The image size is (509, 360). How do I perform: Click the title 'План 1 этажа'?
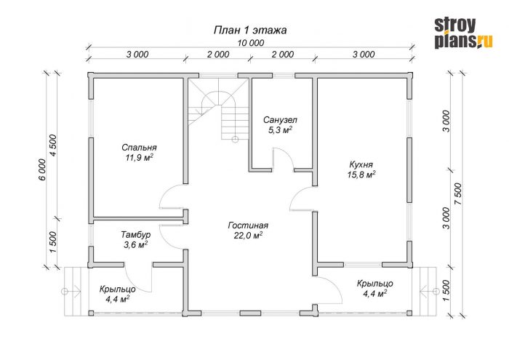coord(250,31)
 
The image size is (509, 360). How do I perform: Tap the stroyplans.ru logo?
coord(463,33)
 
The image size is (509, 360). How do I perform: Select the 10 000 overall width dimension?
coord(251,42)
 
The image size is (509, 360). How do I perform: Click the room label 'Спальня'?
coord(139,148)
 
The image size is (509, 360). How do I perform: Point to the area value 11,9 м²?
coord(140,158)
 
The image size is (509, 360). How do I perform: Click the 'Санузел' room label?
coord(280,120)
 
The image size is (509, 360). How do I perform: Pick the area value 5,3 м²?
coord(280,130)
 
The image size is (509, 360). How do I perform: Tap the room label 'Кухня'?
coord(361,164)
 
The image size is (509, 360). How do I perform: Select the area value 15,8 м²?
coord(361,175)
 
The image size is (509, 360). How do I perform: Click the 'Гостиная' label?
coord(248,225)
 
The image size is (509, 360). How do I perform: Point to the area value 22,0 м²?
coord(248,236)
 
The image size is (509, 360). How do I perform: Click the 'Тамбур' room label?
coord(136,234)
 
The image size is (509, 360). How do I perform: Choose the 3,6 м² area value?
coord(136,244)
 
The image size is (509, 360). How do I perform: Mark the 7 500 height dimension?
coord(457,194)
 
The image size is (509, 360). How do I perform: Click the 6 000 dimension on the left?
coord(42,169)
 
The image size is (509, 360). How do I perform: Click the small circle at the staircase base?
coord(235,140)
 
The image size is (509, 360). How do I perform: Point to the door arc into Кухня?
coord(297,194)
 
